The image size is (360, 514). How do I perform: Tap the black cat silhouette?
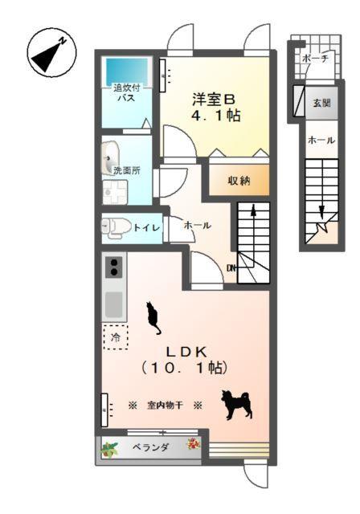click(x=153, y=317)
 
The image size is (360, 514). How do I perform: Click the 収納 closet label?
click(x=239, y=181)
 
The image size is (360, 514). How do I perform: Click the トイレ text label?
click(x=147, y=228)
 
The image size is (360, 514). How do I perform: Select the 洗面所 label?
click(x=126, y=170)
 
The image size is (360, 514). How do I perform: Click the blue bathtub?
click(x=129, y=69)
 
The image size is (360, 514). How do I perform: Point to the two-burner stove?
click(x=113, y=266)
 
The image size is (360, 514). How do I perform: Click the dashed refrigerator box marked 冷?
click(x=114, y=337)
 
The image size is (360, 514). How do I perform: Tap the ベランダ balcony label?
click(x=151, y=447)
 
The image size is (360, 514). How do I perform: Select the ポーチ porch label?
click(x=315, y=59)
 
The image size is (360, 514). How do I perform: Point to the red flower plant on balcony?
click(x=193, y=443)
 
